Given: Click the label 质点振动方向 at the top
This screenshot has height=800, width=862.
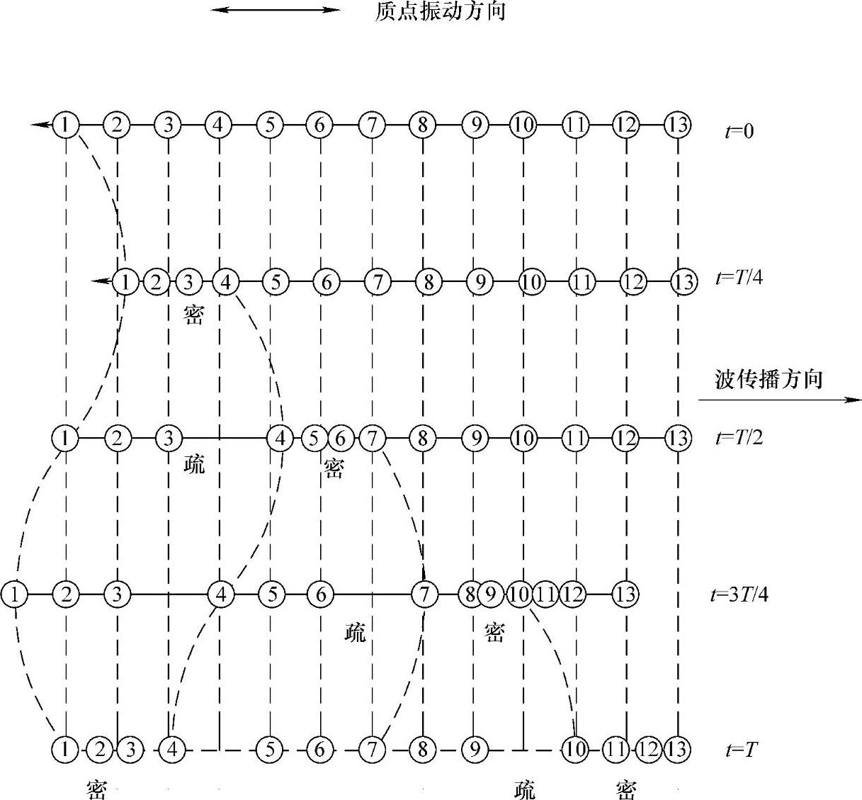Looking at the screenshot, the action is point(439,11).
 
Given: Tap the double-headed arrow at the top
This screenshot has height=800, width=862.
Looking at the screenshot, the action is point(276,10).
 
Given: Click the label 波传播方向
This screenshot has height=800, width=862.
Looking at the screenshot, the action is point(768,379).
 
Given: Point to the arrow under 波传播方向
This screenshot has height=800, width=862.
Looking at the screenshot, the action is point(779,400).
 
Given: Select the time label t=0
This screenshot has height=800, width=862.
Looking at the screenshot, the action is point(739,132).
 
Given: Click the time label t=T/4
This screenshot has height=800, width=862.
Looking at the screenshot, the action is point(739,278).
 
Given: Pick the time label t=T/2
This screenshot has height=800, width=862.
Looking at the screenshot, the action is point(739,437).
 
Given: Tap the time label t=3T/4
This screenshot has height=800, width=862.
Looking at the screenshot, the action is point(739,594).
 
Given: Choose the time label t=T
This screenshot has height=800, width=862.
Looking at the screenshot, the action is point(741,750).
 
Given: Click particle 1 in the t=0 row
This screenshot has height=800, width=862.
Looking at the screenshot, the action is point(65,125).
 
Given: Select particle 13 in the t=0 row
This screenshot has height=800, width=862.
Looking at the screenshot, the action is point(678,125).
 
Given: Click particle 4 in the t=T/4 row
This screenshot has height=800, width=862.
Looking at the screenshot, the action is point(225,282).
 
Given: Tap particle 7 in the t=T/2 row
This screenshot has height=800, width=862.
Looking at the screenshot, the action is point(372,438).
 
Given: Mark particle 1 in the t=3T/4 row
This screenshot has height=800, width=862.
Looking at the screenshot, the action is point(15,594).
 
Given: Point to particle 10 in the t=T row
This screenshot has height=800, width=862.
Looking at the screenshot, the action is point(574,748).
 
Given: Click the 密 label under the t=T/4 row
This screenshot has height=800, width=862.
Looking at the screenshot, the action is point(193,315).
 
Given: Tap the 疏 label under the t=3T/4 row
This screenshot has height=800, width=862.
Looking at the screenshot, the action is point(355,632).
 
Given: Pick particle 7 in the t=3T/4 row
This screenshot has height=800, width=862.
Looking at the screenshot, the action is point(424,594).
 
